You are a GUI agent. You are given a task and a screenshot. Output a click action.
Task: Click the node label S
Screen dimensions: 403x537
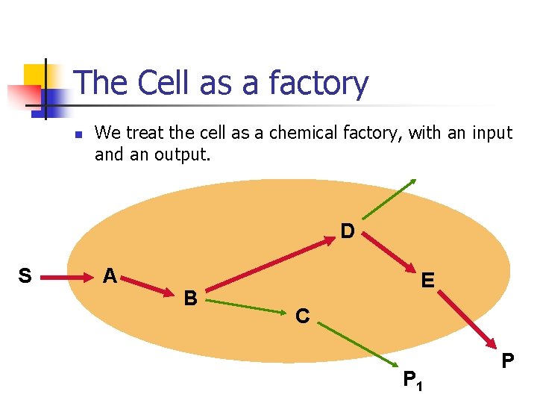coord(25,277)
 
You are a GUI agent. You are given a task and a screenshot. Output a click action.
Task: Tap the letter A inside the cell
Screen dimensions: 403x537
coord(110,276)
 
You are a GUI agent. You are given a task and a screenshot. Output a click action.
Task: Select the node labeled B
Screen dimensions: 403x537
coord(191,299)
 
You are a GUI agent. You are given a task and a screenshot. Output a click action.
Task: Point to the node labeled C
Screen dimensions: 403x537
coord(302,316)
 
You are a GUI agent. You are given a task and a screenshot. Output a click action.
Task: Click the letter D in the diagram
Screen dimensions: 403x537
coord(348,231)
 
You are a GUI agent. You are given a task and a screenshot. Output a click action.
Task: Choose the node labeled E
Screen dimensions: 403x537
coord(427,281)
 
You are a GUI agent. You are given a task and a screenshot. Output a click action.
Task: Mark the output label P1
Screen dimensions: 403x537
coord(412,380)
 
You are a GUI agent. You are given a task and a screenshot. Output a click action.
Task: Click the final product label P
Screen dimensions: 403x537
coord(508,361)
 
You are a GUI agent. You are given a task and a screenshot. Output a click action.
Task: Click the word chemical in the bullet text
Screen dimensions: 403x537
coord(304,133)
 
